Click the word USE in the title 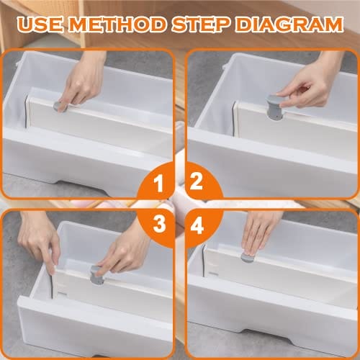40,24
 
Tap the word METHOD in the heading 118,24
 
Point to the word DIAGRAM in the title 289,24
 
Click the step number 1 158,184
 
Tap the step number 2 197,181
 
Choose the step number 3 159,224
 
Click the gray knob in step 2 275,107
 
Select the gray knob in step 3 96,275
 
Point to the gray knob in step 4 247,257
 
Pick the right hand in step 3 125,250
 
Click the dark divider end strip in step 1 26,112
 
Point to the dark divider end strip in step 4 204,261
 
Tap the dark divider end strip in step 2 234,117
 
